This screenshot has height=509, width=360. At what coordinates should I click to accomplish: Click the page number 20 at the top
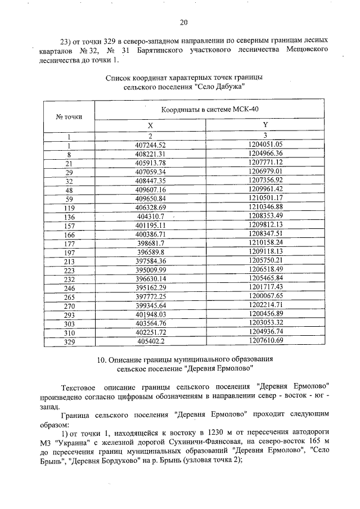183,23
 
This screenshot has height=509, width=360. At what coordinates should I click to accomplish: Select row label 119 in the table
69,208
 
